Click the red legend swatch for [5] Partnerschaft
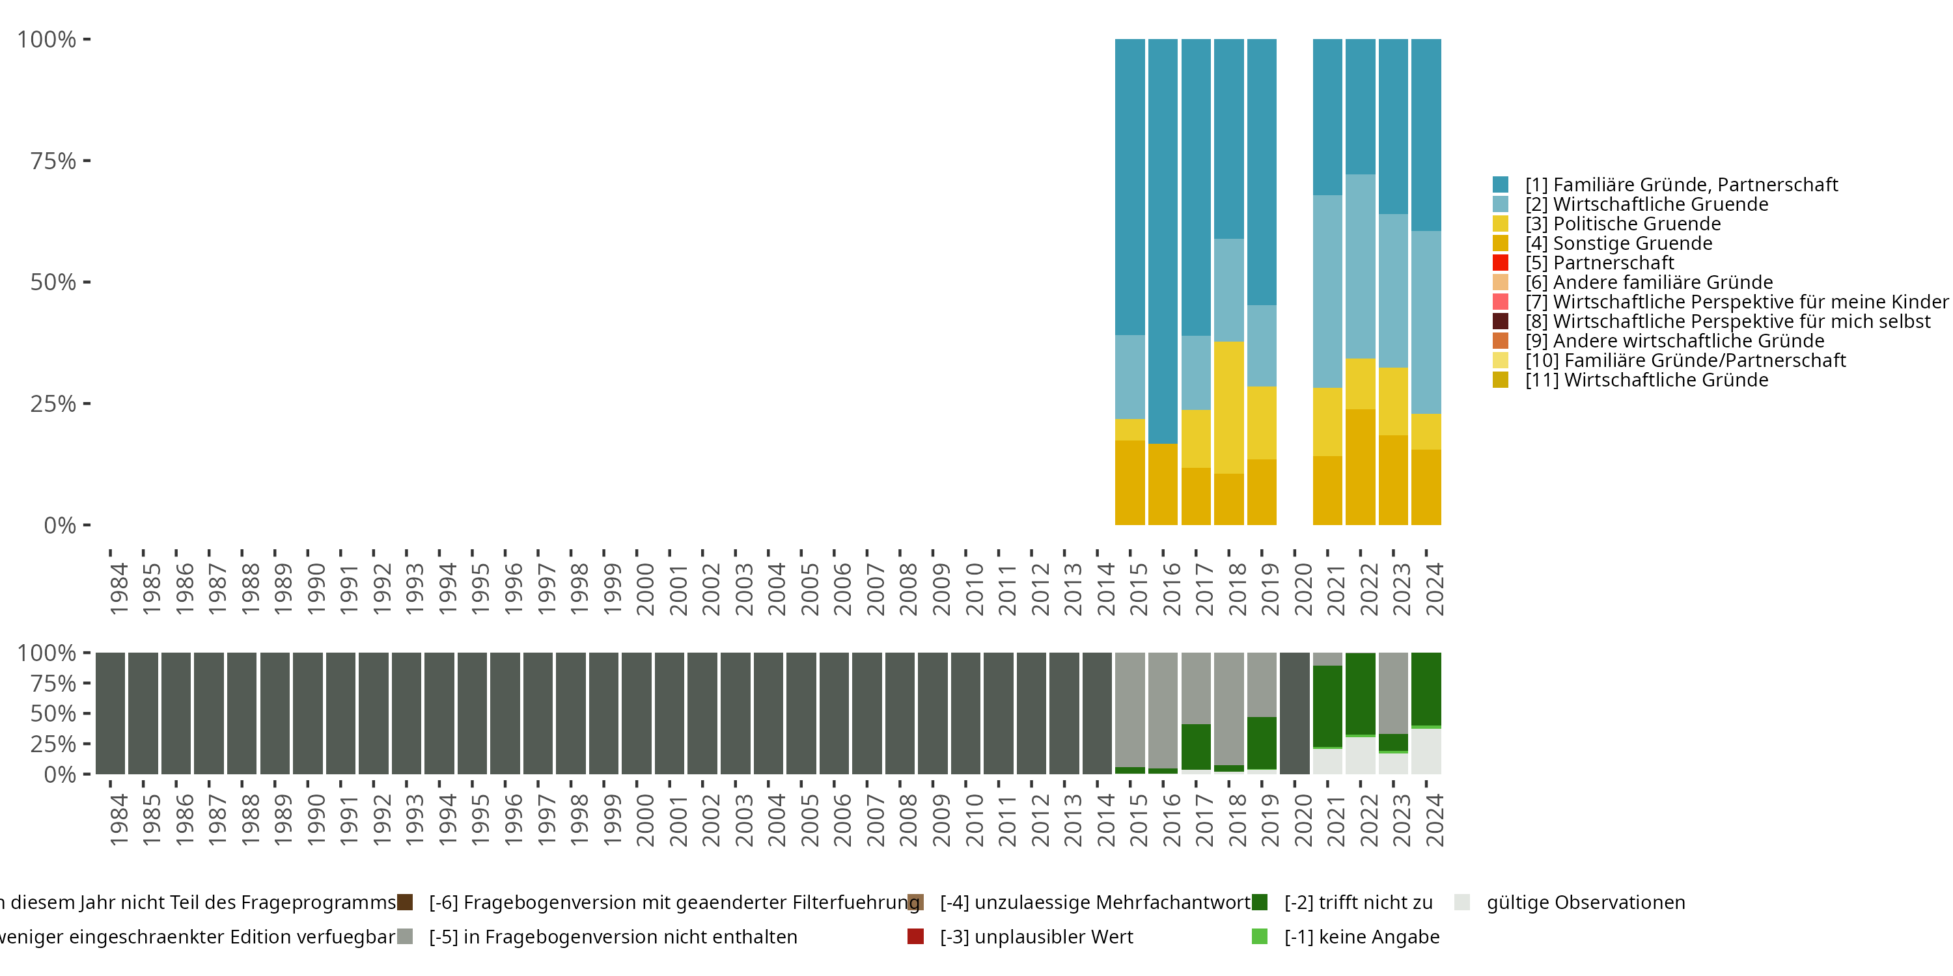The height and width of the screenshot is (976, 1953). [x=1500, y=263]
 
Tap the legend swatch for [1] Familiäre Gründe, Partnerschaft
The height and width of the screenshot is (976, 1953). [x=1500, y=184]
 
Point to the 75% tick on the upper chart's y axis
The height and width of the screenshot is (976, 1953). [x=87, y=161]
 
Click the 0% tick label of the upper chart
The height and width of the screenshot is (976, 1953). [x=60, y=525]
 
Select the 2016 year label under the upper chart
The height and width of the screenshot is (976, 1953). [x=1171, y=589]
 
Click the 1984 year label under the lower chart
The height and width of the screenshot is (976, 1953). [x=118, y=820]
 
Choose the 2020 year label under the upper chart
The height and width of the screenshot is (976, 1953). [x=1303, y=589]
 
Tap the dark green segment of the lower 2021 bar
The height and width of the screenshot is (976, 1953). [x=1327, y=706]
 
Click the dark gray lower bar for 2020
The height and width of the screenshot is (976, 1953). [x=1294, y=713]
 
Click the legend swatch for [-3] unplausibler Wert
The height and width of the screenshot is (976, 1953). [x=915, y=936]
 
